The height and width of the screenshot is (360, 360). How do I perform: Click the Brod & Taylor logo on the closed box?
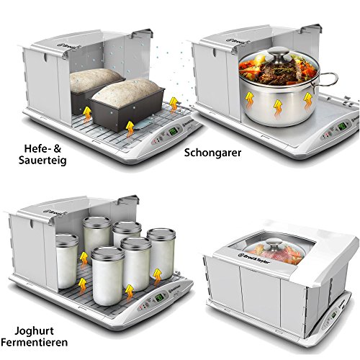243,251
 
